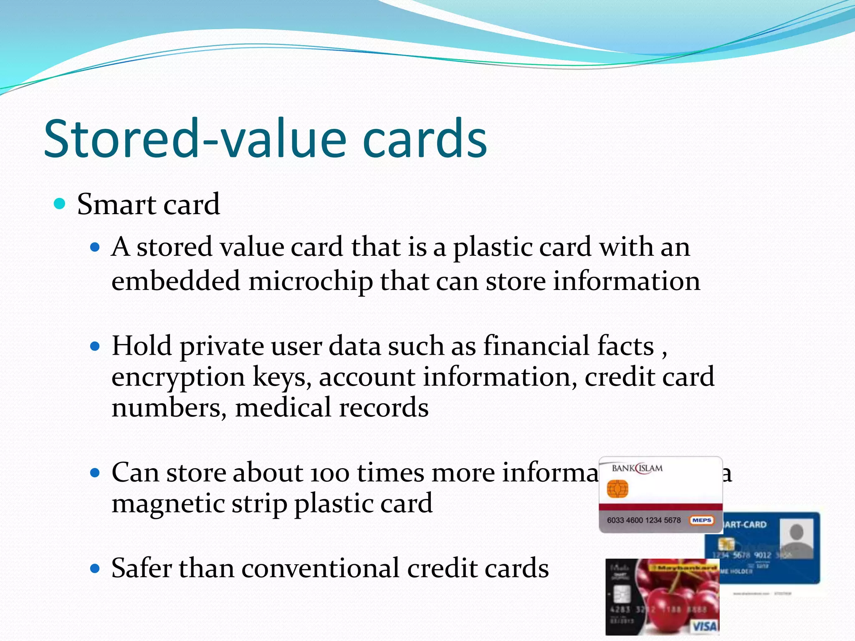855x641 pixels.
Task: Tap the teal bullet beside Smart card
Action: pyautogui.click(x=60, y=204)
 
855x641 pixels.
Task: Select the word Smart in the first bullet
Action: pyautogui.click(x=116, y=204)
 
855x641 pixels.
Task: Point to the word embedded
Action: pyautogui.click(x=176, y=281)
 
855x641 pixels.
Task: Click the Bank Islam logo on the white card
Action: pyautogui.click(x=637, y=469)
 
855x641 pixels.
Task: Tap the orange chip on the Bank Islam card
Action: pyautogui.click(x=617, y=489)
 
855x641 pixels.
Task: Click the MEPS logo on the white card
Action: pyautogui.click(x=701, y=520)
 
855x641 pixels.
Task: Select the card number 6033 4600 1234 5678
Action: pyautogui.click(x=643, y=520)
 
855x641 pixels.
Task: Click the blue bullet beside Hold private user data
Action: pyautogui.click(x=96, y=346)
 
